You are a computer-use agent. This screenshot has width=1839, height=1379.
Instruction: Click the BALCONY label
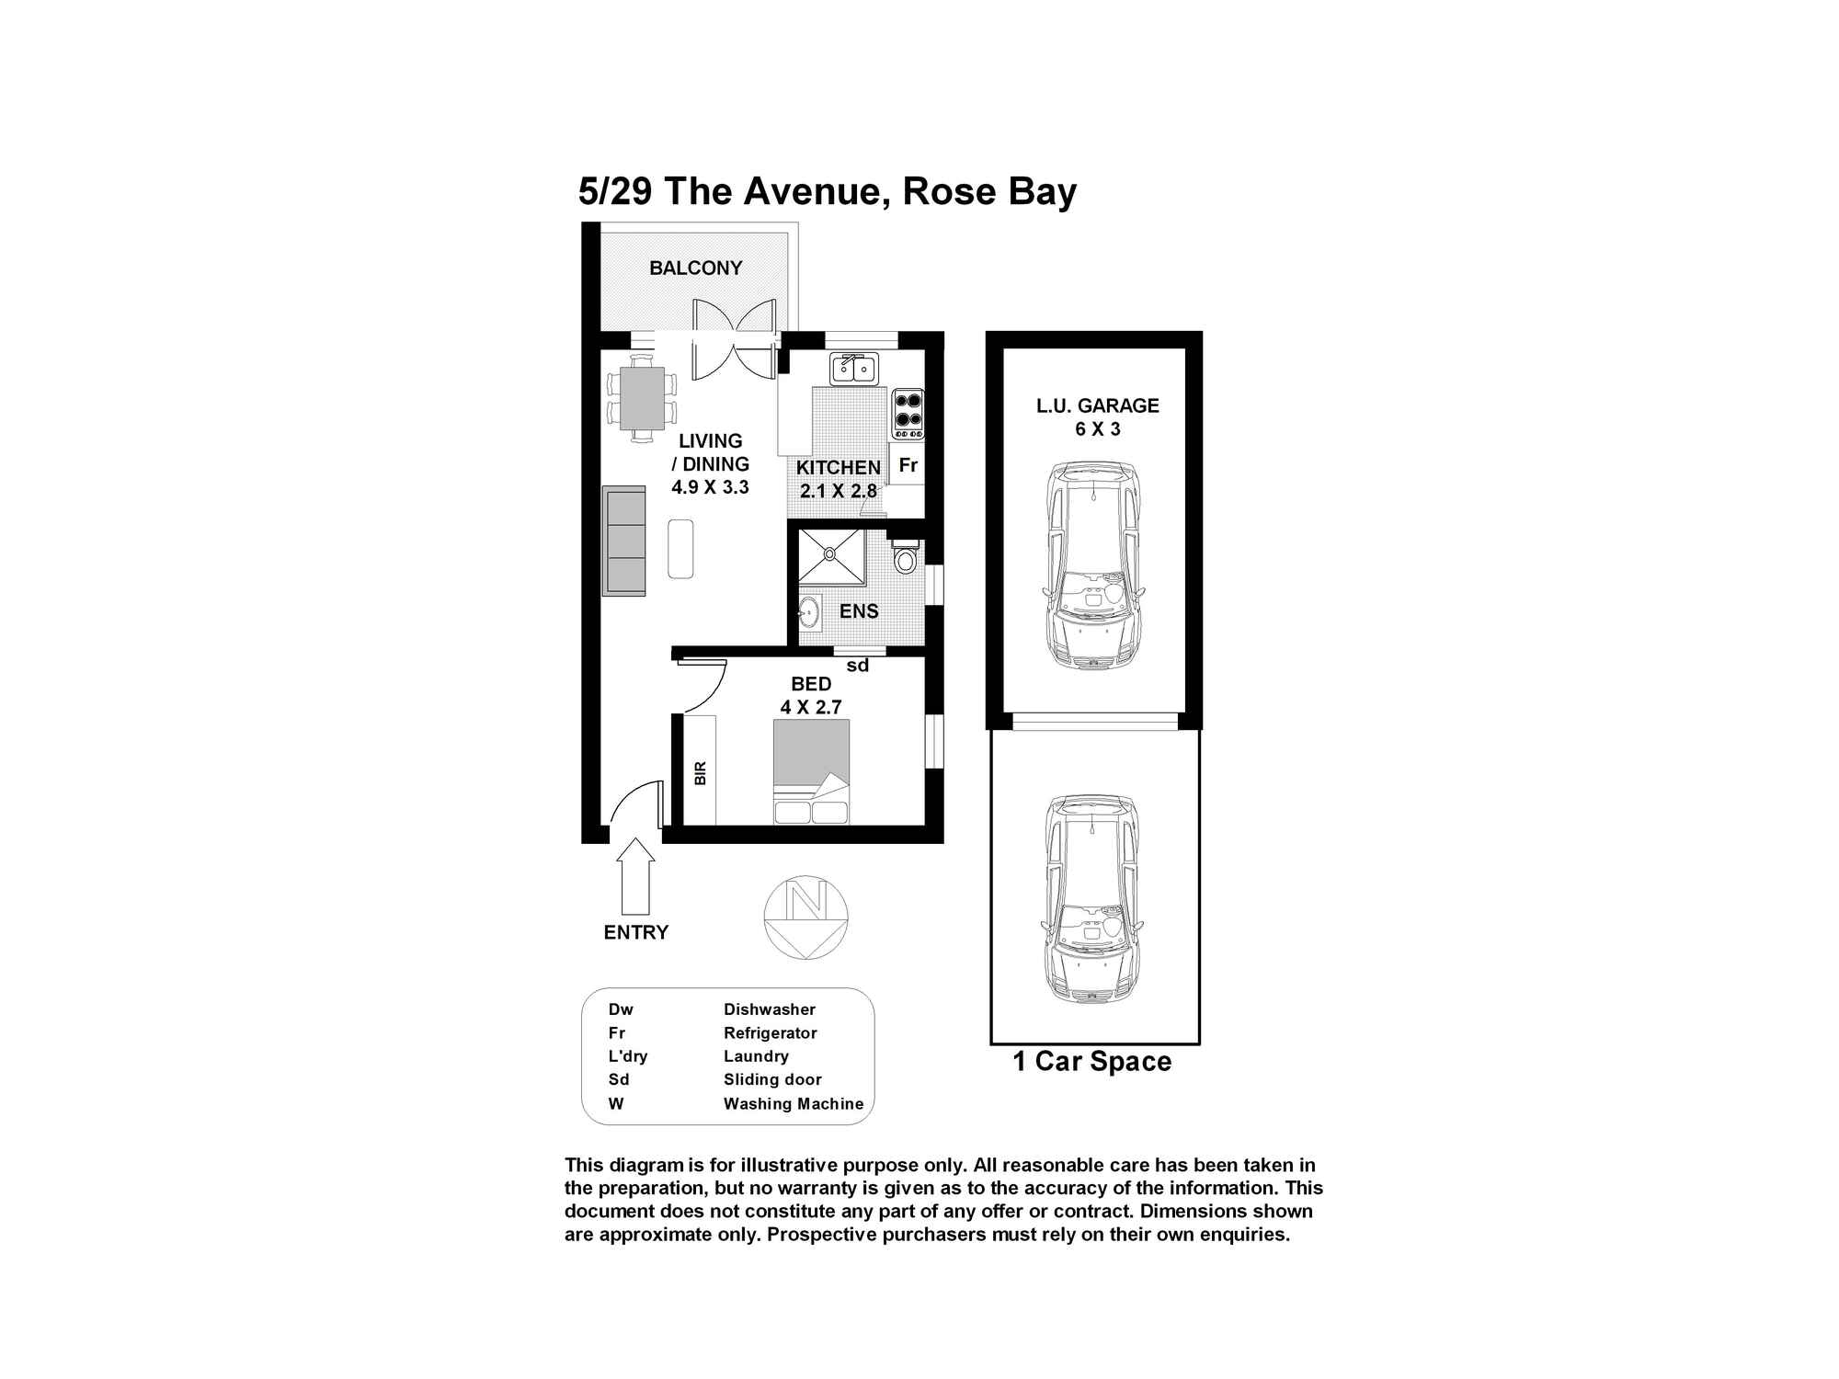click(x=695, y=268)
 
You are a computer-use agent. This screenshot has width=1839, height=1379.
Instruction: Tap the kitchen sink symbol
click(x=854, y=369)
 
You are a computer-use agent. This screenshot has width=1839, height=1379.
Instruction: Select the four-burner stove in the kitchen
click(x=908, y=410)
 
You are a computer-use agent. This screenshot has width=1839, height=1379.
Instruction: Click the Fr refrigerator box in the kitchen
click(x=908, y=465)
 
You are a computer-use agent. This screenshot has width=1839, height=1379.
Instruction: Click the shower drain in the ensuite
click(x=830, y=553)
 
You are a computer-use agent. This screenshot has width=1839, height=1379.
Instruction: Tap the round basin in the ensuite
click(x=809, y=610)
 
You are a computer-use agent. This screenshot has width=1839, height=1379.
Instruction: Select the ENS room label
click(x=859, y=611)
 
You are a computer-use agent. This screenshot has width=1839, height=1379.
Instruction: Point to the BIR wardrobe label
click(x=701, y=772)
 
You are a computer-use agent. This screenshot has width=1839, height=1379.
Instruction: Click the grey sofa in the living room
click(x=623, y=541)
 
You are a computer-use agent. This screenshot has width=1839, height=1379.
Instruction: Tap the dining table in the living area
click(x=642, y=398)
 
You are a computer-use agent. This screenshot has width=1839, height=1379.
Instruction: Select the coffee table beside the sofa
click(x=680, y=549)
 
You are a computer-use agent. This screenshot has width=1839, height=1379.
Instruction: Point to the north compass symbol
click(x=806, y=917)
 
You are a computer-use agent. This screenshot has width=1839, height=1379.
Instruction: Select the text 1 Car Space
click(x=1091, y=1062)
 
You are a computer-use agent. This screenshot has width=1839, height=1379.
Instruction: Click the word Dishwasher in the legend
click(x=769, y=1009)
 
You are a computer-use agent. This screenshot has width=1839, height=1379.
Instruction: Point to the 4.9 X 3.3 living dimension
click(x=710, y=487)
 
